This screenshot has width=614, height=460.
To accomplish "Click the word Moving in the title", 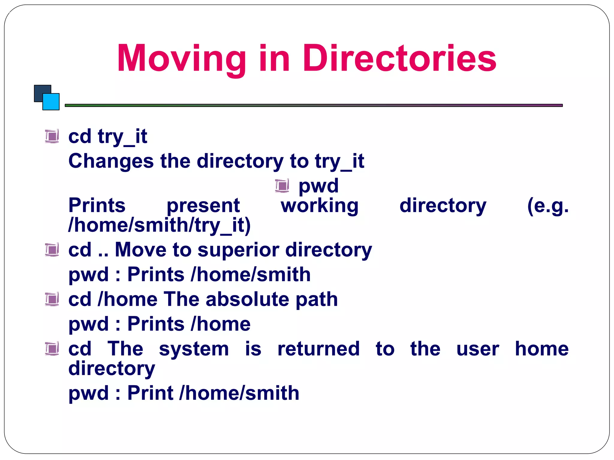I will (x=181, y=58).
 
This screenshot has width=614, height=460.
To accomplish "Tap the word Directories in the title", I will (x=399, y=58).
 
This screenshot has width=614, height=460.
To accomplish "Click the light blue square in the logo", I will (x=52, y=102).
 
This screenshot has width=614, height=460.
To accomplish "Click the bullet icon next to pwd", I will (x=282, y=186).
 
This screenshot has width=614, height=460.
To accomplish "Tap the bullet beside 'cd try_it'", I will (x=52, y=137).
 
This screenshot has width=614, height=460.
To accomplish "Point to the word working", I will (x=319, y=206).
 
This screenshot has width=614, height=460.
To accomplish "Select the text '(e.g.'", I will (x=547, y=206).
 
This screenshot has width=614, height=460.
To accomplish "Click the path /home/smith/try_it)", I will (x=159, y=225).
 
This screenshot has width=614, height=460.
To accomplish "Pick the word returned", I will (x=318, y=349).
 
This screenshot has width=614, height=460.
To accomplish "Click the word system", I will (x=194, y=349).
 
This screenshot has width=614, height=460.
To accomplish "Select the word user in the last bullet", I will (x=478, y=349).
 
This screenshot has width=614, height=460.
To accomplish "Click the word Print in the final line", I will (x=150, y=393).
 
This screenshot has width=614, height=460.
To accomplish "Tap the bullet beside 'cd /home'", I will (x=52, y=299).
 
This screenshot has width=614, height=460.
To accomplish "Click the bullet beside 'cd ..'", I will (x=52, y=250).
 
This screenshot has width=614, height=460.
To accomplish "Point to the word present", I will (x=203, y=206).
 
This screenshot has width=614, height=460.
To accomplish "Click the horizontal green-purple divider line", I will (x=313, y=105).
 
